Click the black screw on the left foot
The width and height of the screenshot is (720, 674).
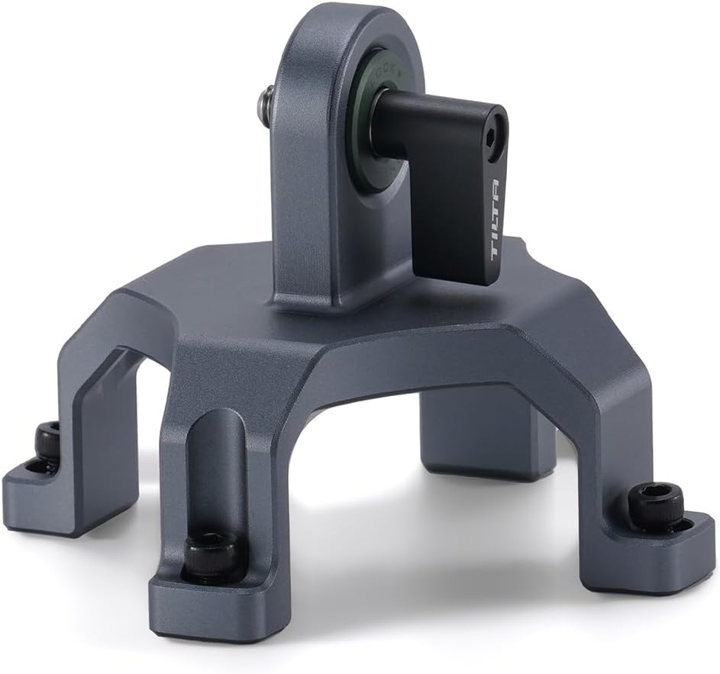[48, 443]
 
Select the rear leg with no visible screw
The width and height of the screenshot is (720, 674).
[489, 435]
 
